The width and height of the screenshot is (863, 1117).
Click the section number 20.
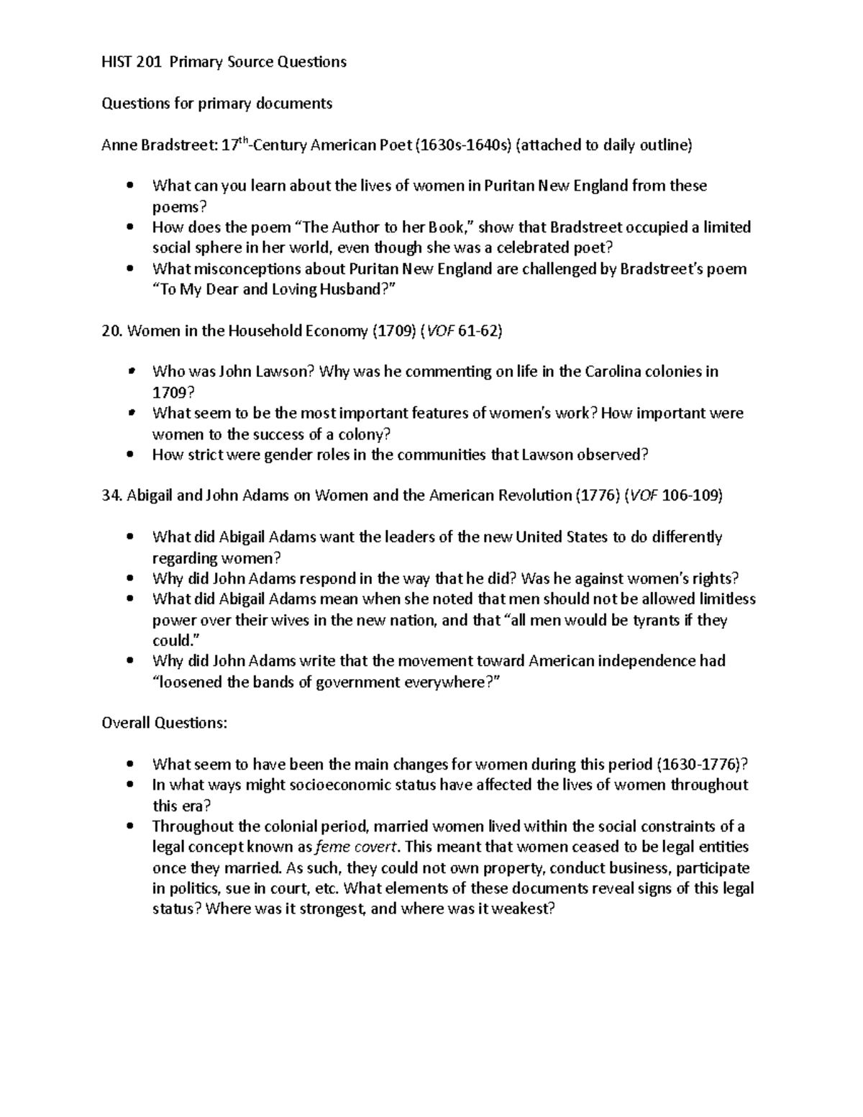point(111,331)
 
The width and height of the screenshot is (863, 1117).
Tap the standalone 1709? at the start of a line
point(173,393)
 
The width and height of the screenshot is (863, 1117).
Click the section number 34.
point(111,496)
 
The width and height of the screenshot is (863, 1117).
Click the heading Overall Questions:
point(165,723)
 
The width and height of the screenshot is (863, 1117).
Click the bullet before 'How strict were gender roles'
point(129,455)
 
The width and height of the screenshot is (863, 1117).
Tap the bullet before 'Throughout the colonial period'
point(129,826)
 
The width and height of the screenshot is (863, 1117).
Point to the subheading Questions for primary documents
point(216,104)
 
